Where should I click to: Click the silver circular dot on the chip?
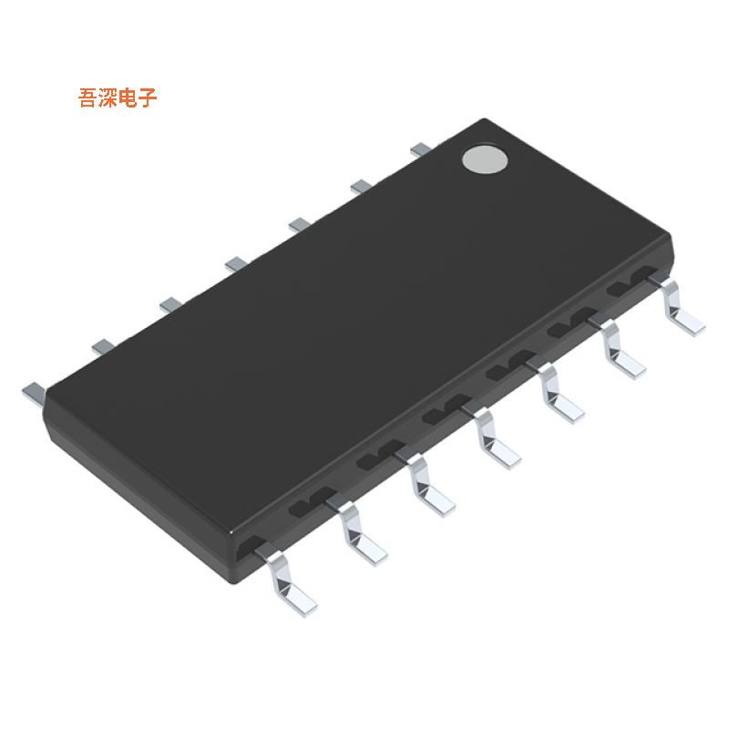coord(484,159)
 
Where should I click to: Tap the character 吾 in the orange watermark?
coord(89,98)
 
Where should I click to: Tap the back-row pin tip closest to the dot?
coord(420,148)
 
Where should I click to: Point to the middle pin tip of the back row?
coord(235,263)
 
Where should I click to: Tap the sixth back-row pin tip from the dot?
coord(102,345)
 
